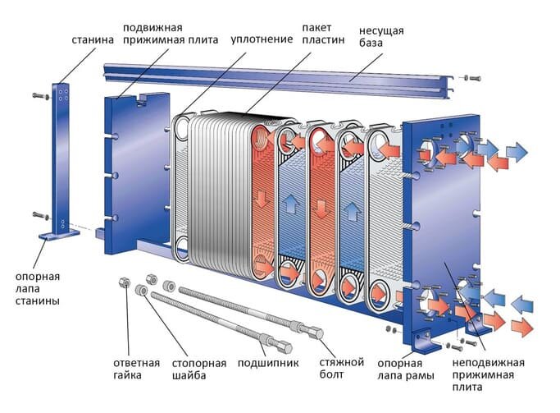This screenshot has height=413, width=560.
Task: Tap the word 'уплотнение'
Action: click(x=260, y=39)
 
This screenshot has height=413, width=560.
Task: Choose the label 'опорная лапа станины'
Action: click(x=37, y=287)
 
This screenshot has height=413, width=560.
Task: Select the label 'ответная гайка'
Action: click(x=134, y=369)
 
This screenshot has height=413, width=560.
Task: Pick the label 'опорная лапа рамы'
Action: click(x=400, y=369)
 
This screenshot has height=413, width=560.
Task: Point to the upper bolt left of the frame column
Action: click(x=40, y=96)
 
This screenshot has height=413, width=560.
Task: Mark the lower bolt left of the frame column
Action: click(x=40, y=216)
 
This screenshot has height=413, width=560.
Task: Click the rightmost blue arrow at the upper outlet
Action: click(x=517, y=151)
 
